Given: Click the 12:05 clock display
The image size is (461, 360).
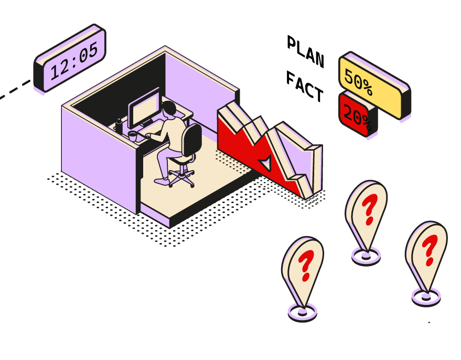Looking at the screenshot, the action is (70, 58).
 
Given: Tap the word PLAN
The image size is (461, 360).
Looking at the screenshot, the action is (306, 51).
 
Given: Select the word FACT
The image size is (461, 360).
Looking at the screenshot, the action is (305, 87).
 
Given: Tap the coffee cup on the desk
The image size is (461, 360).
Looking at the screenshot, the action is (133, 136).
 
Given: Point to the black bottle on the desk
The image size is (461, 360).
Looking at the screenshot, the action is (119, 126).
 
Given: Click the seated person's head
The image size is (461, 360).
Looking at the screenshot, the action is (169, 109).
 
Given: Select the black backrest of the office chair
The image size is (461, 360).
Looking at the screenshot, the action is (192, 140).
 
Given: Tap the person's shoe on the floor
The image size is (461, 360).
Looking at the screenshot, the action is (161, 181).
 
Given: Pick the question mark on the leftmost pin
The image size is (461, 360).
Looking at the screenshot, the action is (306, 266).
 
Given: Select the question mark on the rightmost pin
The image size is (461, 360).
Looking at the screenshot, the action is (430, 250).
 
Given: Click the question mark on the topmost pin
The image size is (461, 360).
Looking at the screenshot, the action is (370, 209).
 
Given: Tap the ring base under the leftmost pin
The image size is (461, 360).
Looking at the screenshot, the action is (303, 317).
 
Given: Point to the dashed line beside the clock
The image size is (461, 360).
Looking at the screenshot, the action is (15, 89).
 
